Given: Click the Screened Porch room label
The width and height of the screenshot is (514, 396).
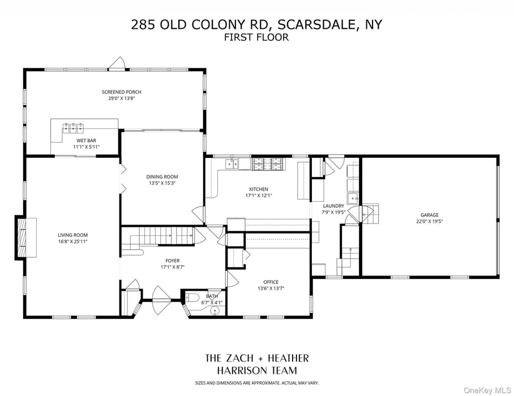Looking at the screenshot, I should click(121, 92).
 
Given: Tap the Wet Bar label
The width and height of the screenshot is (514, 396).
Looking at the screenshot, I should click(86, 140).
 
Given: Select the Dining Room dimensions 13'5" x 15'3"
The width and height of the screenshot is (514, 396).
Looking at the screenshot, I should click(162, 183).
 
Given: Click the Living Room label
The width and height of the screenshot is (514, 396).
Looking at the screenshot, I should click(72, 235).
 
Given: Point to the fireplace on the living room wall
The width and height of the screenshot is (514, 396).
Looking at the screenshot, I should click(23, 238).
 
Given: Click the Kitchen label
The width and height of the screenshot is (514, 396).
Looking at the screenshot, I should click(258, 189).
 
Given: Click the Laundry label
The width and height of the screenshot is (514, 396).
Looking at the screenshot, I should click(333, 206).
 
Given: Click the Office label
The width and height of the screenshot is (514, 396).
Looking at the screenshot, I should click(271, 282).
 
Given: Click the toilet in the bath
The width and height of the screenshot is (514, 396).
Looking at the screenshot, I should click(192, 298).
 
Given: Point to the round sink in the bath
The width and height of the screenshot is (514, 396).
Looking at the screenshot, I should click(215, 311).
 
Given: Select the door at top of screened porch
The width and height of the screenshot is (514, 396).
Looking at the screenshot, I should click(117, 64).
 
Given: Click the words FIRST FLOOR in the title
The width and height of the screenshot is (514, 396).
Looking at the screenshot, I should click(256, 38).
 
